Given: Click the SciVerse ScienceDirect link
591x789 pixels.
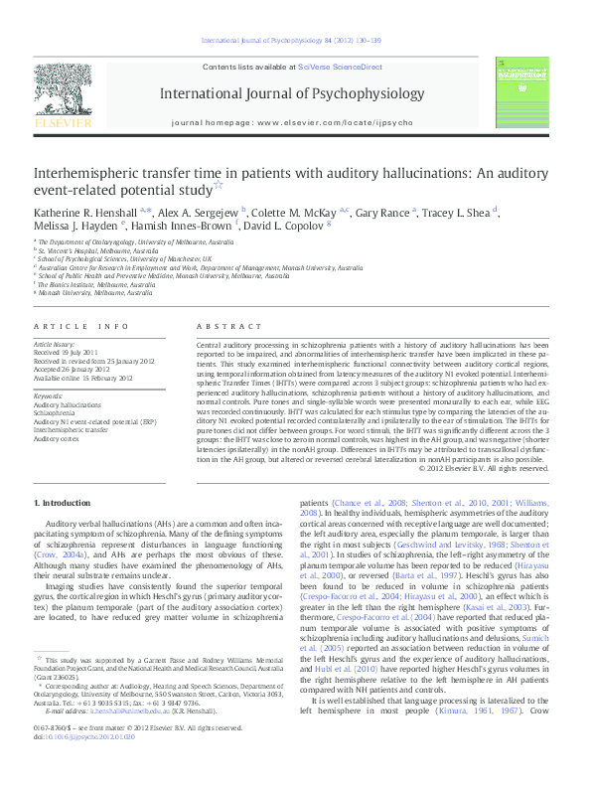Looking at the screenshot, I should [340, 67].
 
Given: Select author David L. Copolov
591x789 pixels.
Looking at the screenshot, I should [296, 228].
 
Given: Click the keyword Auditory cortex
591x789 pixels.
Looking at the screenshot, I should [59, 436].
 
